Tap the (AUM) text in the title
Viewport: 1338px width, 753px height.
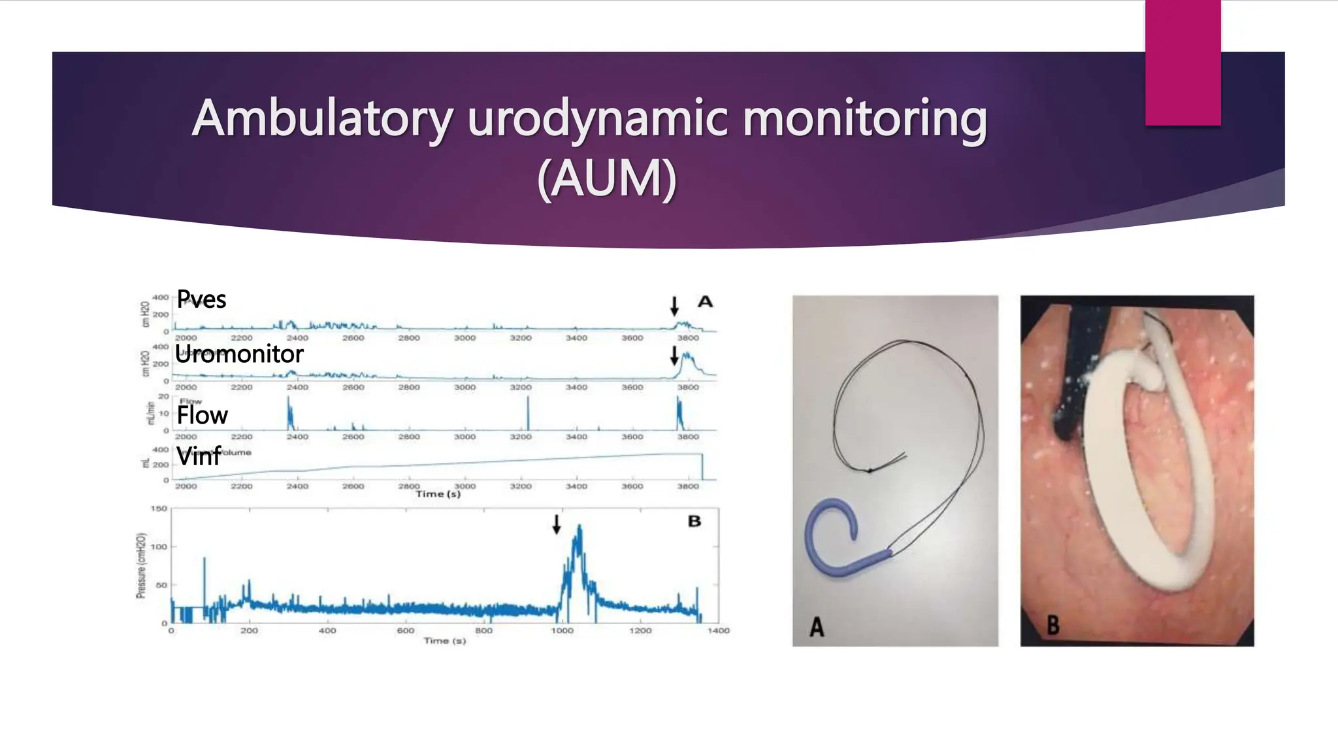606,178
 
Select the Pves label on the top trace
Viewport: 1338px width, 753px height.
201,299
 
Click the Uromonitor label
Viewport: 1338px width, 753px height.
239,354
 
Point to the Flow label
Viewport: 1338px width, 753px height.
202,415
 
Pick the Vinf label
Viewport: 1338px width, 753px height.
199,456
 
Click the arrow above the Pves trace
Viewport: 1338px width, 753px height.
674,305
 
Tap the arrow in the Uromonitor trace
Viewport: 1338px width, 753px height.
674,355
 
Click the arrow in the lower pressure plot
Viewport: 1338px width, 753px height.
556,524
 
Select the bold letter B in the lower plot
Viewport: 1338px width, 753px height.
694,521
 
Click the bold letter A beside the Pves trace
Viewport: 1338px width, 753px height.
705,301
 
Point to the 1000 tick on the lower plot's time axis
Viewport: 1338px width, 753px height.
562,631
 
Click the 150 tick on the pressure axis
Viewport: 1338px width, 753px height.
159,509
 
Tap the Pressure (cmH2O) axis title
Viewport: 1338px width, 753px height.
140,565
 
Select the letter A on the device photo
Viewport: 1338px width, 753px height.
817,627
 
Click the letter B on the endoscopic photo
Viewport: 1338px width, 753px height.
1052,625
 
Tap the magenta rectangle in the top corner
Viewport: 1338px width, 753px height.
1183,62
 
